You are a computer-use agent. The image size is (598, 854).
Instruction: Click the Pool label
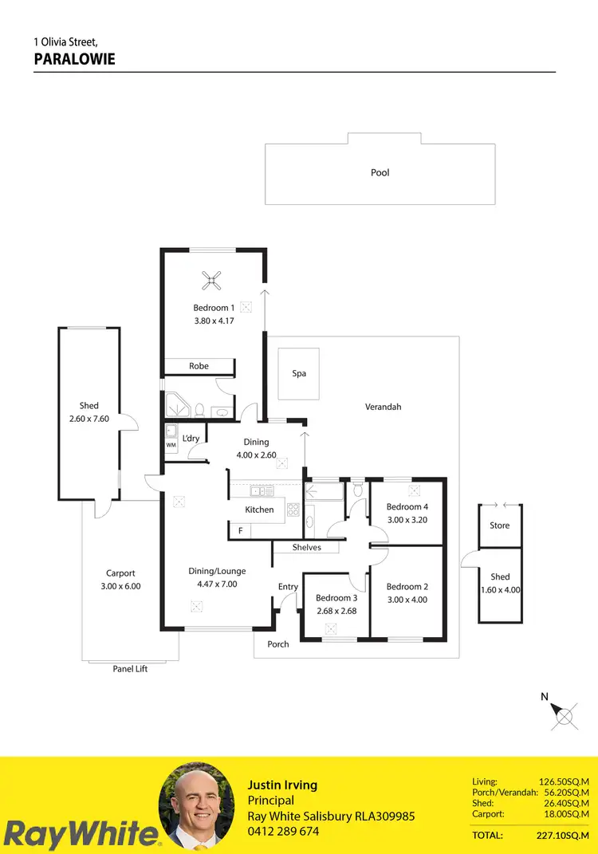coord(380,172)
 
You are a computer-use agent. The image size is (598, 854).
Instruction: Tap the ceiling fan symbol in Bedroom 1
coord(211,279)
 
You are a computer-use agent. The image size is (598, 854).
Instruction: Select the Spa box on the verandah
coord(299,373)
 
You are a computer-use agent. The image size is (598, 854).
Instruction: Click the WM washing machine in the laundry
coord(171,445)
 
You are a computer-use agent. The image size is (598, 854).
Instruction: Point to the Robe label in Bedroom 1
coord(199,366)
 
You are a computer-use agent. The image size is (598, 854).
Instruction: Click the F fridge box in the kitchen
coord(239,530)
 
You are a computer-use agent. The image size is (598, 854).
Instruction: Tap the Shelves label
coord(307,547)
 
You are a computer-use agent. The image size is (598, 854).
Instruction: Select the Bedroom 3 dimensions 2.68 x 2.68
coord(335,611)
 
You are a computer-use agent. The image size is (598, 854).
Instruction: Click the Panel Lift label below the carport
coord(130,669)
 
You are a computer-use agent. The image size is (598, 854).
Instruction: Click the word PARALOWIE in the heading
coord(75,59)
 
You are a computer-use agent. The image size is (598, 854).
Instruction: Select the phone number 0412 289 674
coord(283,831)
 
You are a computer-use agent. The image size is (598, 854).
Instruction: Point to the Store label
coord(499,525)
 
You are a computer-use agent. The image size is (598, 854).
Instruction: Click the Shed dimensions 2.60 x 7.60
coord(89,418)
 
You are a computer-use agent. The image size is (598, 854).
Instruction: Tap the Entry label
coord(288,587)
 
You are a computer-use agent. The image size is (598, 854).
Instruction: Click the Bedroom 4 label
coord(407,507)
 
